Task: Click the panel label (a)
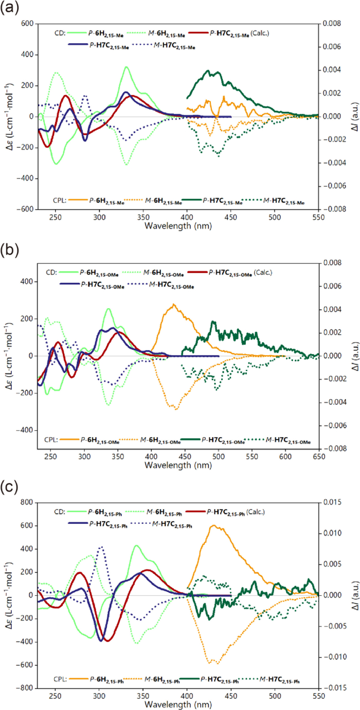click(9, 10)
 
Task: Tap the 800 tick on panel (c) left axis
click(26, 502)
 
